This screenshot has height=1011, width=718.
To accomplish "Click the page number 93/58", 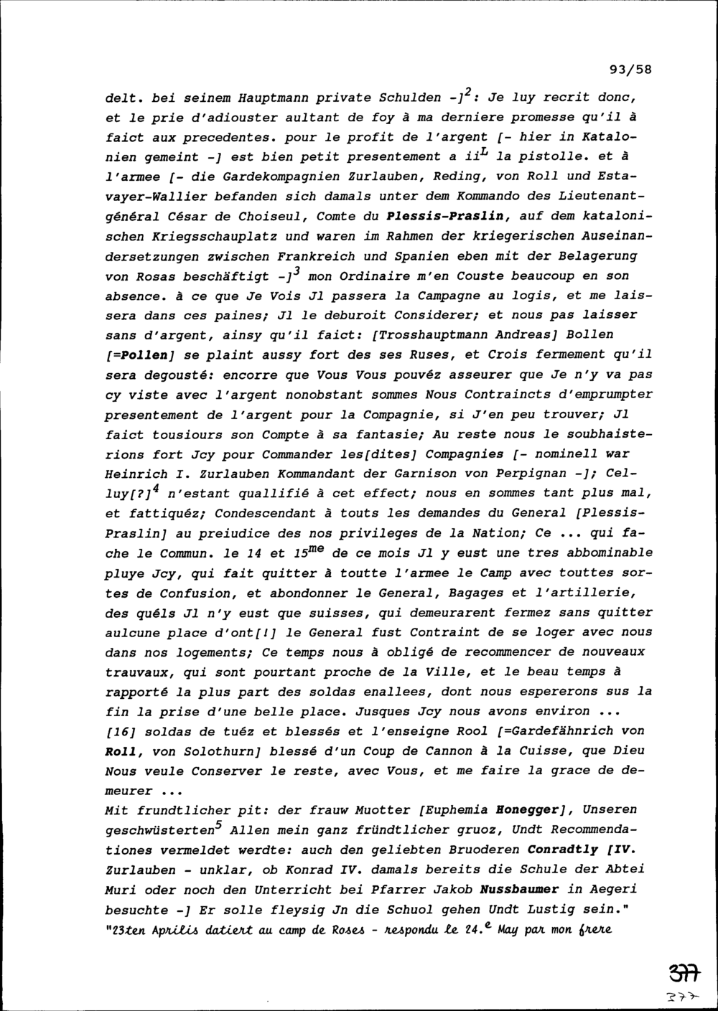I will click(630, 70).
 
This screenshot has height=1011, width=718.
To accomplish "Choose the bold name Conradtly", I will click(563, 850).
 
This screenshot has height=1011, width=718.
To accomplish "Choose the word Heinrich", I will click(136, 474).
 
